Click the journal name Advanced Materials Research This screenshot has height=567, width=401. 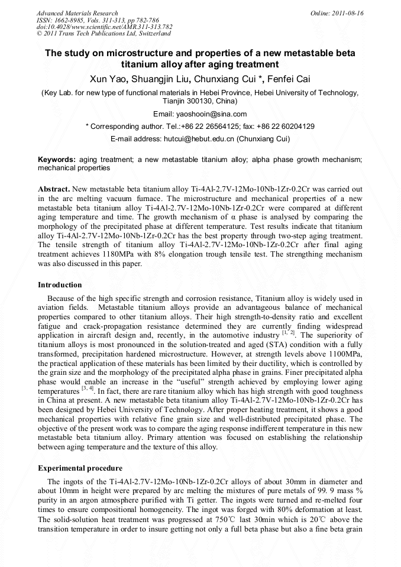(77, 13)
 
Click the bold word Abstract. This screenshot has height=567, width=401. (54, 189)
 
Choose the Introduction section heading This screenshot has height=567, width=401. (62, 284)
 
